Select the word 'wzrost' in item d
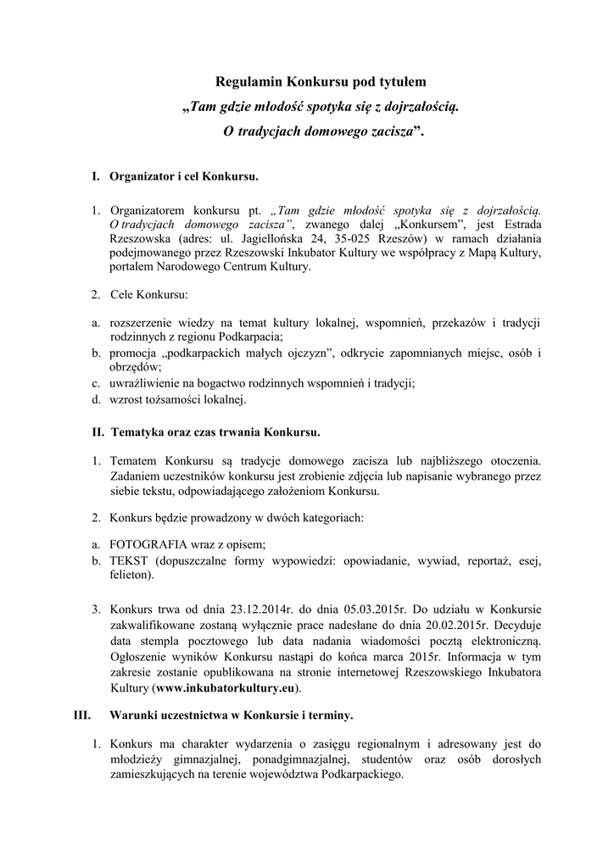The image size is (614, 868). (x=126, y=398)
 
